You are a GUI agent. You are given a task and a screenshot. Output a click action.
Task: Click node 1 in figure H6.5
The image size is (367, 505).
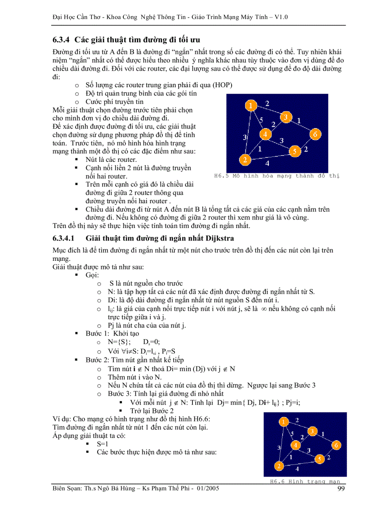[x=250, y=106]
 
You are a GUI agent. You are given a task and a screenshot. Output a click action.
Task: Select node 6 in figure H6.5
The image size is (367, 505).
[x=315, y=134]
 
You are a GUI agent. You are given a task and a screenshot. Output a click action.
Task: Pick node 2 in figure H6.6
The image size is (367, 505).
[x=279, y=465]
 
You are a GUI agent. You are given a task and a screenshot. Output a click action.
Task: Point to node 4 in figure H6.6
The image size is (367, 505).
[x=295, y=445]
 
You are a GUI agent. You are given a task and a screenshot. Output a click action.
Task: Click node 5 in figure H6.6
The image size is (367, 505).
[x=319, y=459]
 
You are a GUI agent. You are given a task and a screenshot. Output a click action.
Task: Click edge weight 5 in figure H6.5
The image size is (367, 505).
[x=262, y=120]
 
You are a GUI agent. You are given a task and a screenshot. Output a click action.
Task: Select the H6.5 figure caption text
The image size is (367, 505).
[x=276, y=176]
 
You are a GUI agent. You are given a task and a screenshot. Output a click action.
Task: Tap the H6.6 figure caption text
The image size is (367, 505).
[x=305, y=481]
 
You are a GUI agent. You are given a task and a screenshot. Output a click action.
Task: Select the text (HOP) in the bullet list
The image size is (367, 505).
[x=222, y=85]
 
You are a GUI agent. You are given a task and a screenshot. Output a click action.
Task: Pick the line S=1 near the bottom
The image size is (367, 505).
[x=103, y=443]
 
